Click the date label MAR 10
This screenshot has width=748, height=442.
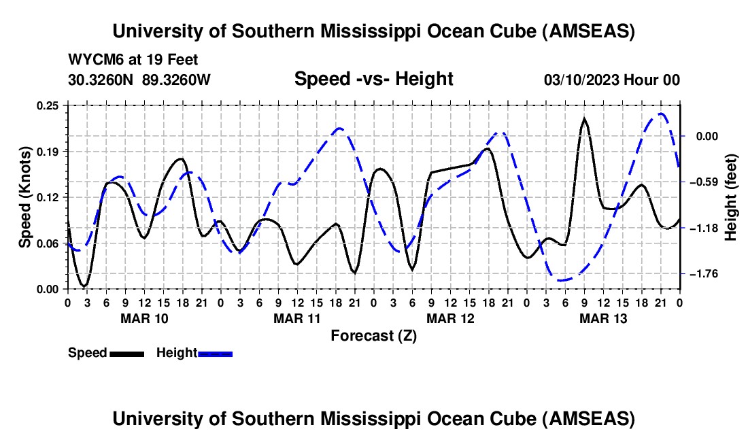tap(143, 318)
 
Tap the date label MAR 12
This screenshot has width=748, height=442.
tap(449, 318)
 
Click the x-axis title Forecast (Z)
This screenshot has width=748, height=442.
tap(373, 335)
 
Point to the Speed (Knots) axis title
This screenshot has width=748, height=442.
tap(25, 197)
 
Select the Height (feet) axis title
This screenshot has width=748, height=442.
tap(732, 197)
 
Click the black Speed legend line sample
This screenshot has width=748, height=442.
tap(126, 353)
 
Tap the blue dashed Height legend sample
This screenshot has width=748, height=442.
tap(215, 353)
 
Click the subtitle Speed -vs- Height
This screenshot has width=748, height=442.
tap(373, 79)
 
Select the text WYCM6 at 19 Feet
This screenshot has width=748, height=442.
tap(133, 60)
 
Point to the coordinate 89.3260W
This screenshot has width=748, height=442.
tap(177, 80)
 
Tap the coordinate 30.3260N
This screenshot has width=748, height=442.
tap(101, 80)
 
